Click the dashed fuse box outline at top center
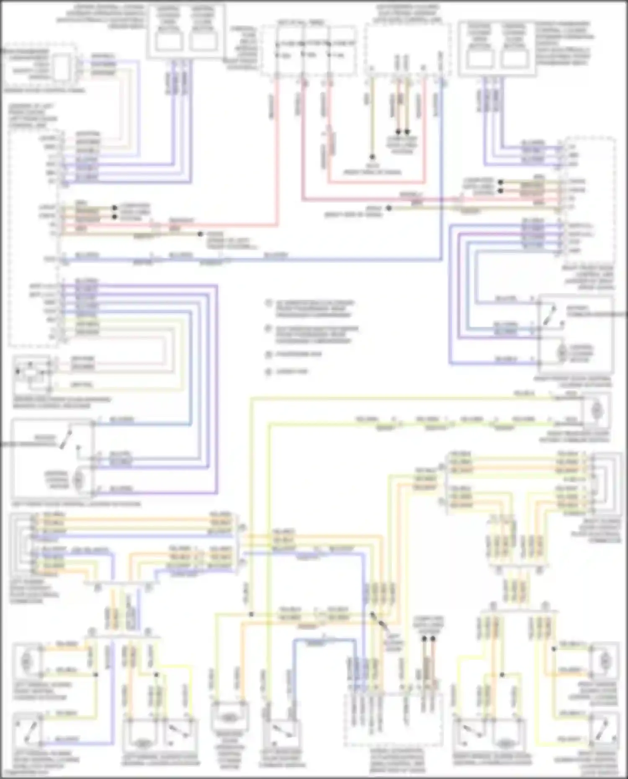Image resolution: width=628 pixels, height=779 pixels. coord(309,50)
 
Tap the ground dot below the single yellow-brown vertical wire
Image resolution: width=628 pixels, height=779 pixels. coord(371,157)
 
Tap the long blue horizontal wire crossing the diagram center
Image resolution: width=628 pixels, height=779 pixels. coord(251,260)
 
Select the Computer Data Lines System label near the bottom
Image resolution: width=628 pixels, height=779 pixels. coord(427,624)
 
